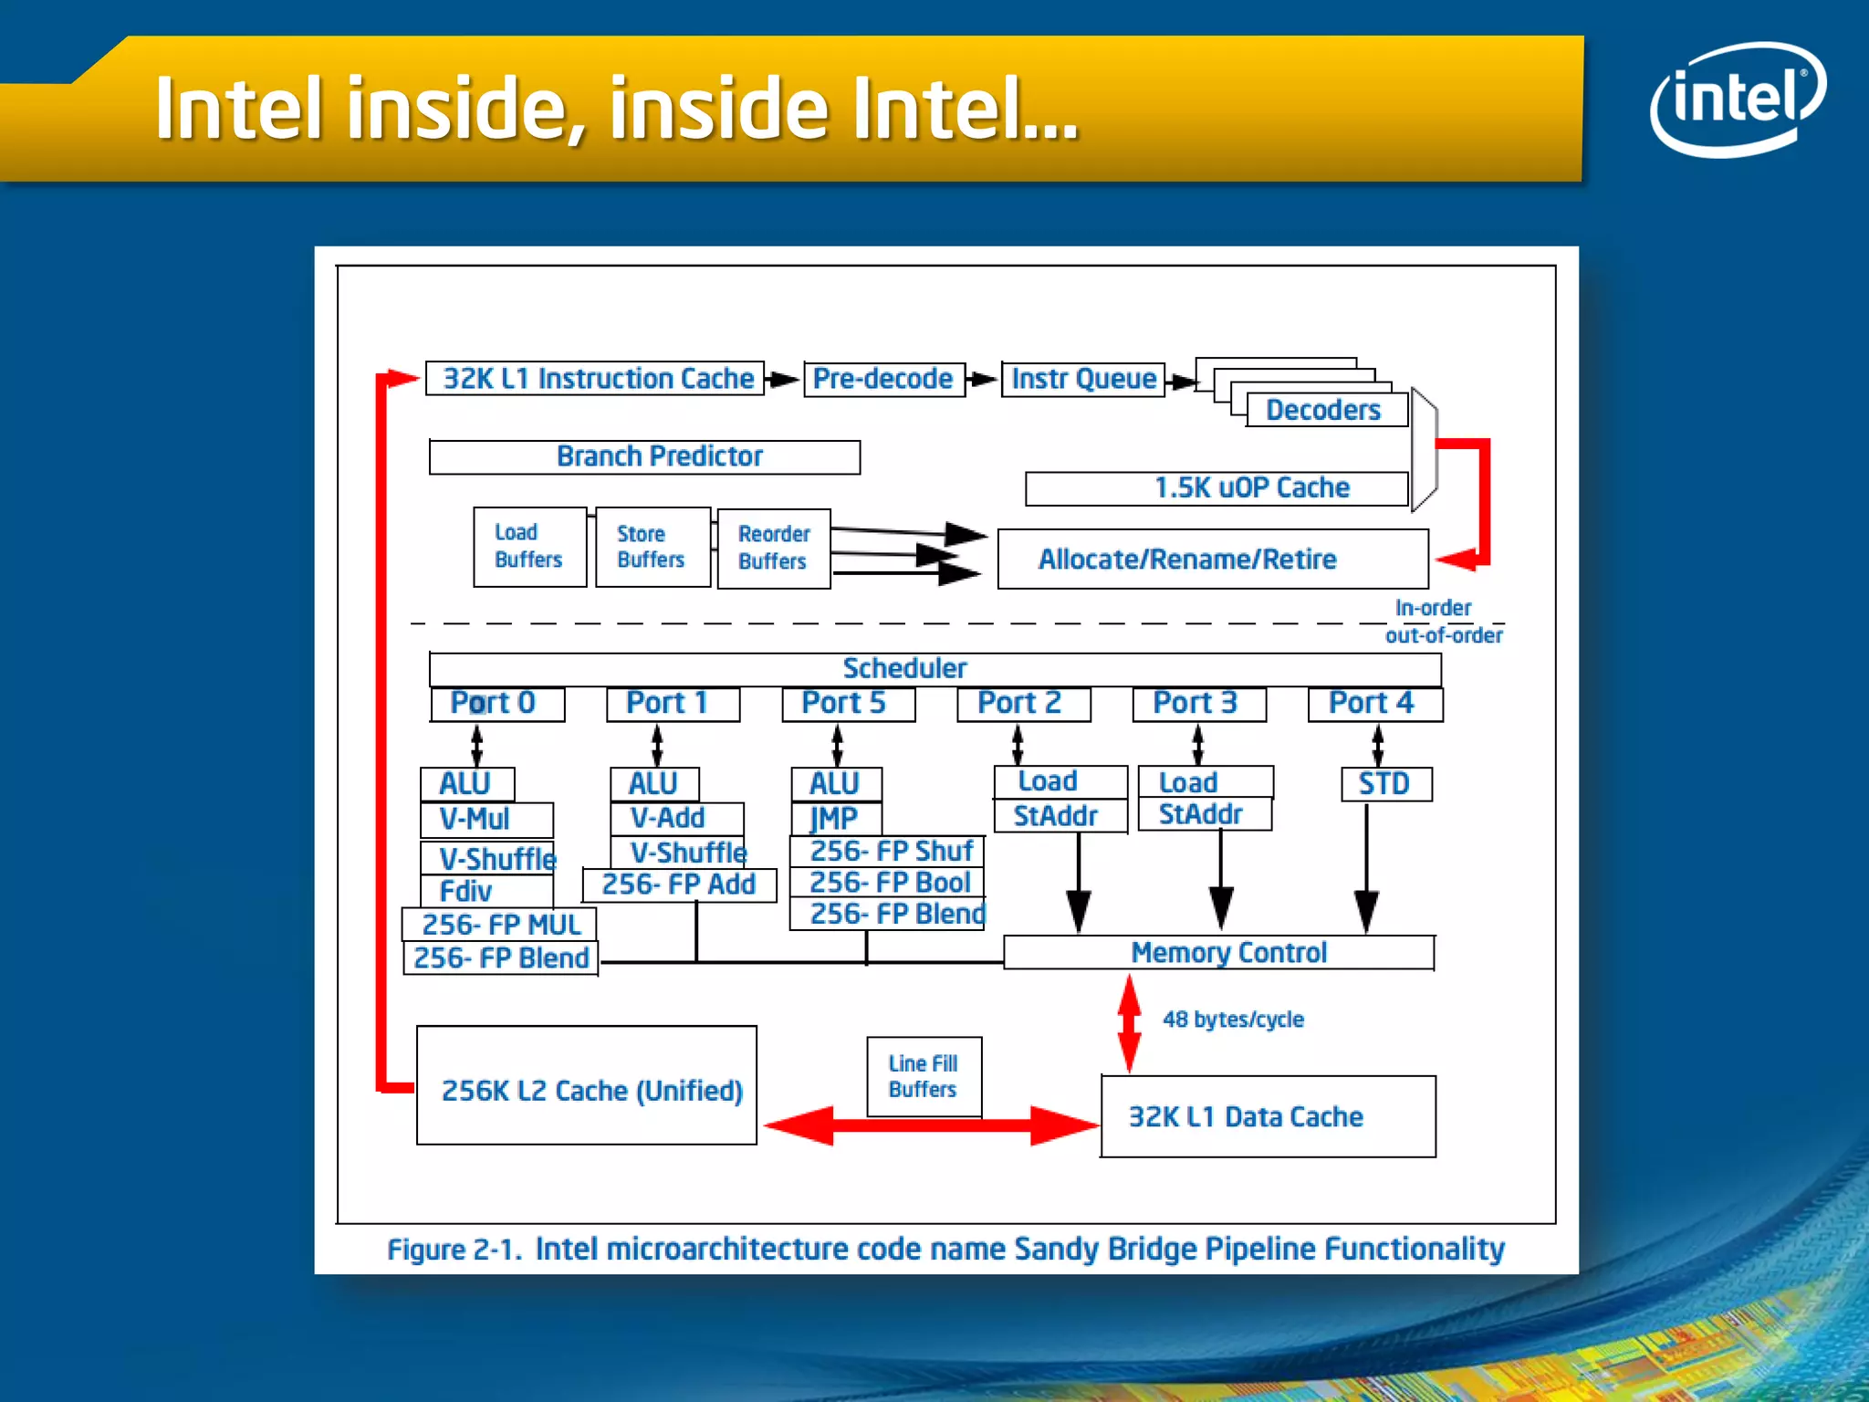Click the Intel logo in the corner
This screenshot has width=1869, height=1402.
click(1737, 99)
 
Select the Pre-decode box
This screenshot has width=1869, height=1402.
click(882, 379)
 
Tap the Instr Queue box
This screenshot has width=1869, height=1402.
click(1083, 379)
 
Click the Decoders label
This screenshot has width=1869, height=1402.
click(1322, 410)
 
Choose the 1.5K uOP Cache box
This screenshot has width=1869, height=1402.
click(1216, 487)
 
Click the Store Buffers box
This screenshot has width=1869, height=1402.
click(652, 547)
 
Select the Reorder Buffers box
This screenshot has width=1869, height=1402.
click(773, 548)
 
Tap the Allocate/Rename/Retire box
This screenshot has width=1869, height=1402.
click(1212, 559)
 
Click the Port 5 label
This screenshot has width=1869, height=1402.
click(846, 703)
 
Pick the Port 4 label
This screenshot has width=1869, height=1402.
click(1373, 703)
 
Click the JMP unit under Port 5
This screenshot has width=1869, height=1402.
click(835, 818)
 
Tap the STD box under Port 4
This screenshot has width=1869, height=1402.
click(1384, 783)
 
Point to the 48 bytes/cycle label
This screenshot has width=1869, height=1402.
click(1233, 1019)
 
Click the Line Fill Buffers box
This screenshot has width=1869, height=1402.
click(923, 1076)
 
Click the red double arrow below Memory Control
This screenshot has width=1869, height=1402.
click(1129, 1022)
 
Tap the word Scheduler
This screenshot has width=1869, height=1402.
click(904, 668)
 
